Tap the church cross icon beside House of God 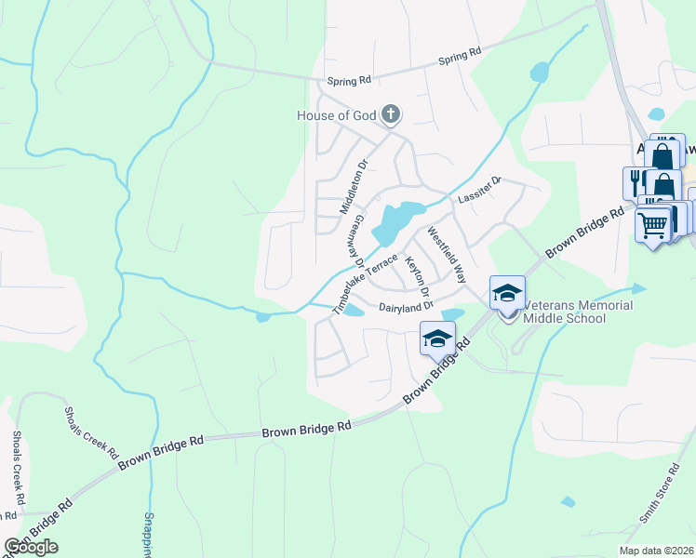point(392,115)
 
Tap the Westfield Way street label point(446,253)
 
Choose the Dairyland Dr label point(406,306)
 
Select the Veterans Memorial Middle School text point(577,312)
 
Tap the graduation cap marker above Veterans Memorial point(507,293)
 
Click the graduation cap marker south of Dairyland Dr point(437,339)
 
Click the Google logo point(31,547)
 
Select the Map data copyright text point(657,551)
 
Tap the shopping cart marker point(653,223)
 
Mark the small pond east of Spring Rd point(538,72)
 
